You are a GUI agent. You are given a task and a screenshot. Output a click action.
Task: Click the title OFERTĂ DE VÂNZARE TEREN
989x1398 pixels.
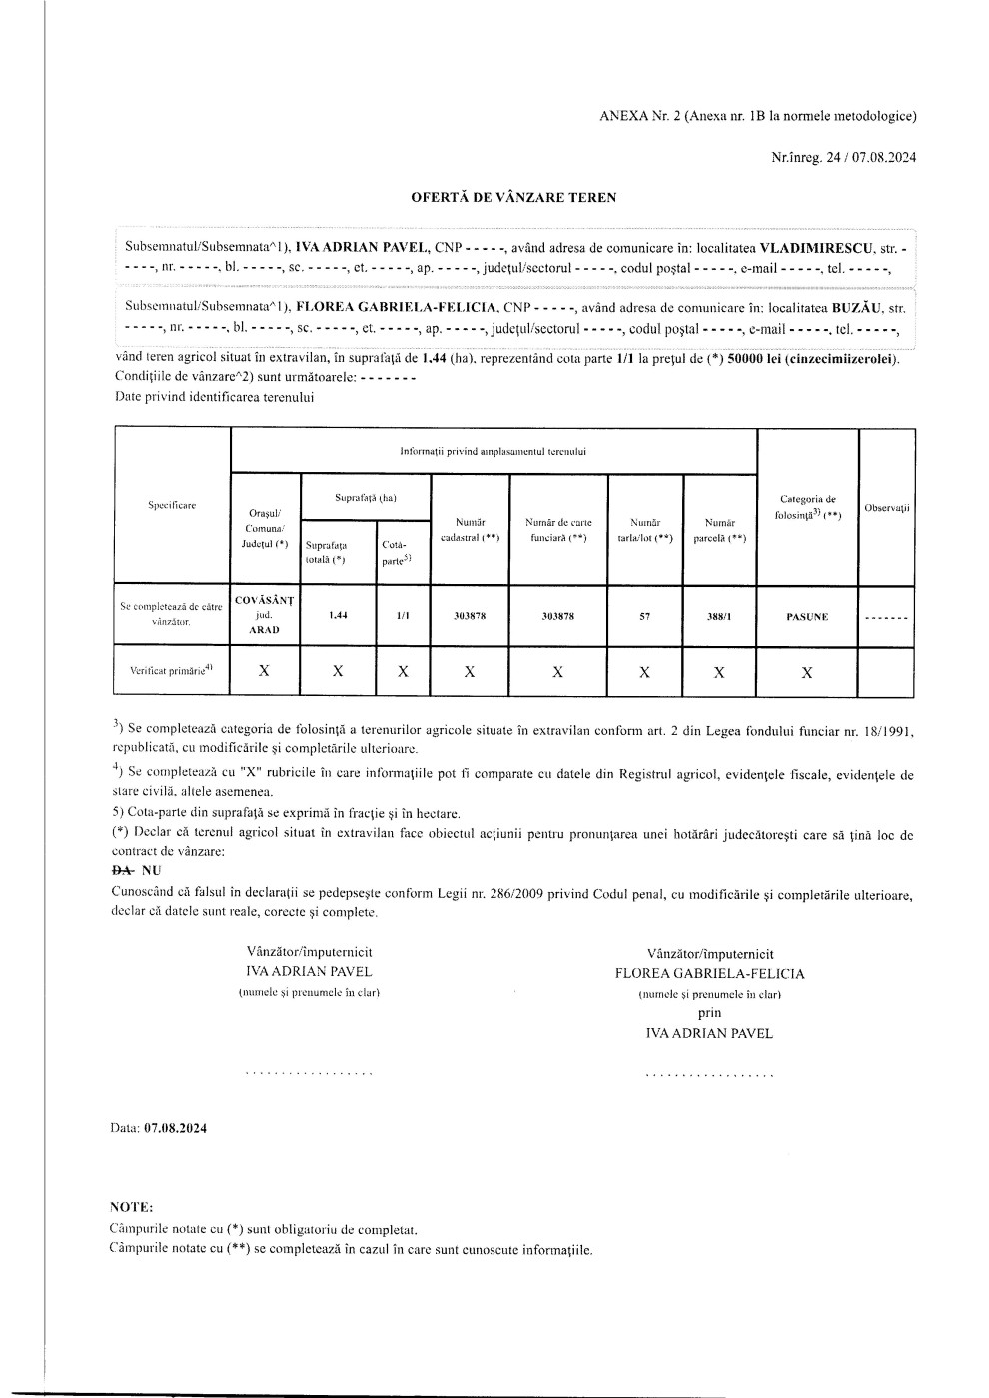(x=513, y=197)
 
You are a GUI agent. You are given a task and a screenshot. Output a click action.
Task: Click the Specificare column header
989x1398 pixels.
(x=172, y=505)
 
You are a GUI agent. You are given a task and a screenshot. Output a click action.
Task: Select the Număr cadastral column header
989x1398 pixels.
(x=470, y=529)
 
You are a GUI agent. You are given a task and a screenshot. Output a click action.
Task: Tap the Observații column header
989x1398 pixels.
(x=887, y=508)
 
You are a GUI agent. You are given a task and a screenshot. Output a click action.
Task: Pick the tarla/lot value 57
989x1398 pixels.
(x=644, y=616)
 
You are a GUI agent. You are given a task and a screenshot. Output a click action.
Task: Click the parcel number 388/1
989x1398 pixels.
(x=718, y=616)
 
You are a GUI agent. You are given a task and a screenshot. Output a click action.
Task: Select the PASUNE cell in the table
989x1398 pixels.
(x=806, y=616)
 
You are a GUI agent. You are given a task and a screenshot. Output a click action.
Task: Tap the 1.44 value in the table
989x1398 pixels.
(x=338, y=615)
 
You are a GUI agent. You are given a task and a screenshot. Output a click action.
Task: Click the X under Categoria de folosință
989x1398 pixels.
(x=806, y=672)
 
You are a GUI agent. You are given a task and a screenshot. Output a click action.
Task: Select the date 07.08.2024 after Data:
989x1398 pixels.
(x=176, y=1128)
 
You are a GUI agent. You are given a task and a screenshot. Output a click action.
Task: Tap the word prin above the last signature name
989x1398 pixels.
(x=709, y=1013)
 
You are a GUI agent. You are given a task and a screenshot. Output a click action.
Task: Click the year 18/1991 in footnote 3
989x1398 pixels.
(x=885, y=731)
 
